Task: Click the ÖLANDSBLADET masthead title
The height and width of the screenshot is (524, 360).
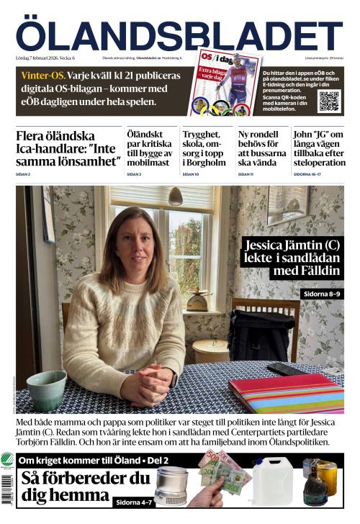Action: [179, 33]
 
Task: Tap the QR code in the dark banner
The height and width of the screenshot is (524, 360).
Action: [328, 101]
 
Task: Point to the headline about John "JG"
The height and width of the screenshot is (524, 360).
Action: [318, 148]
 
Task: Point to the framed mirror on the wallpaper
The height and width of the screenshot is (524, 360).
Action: [287, 204]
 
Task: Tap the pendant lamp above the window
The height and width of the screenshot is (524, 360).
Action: [175, 196]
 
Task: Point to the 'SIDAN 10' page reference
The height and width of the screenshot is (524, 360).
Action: [190, 174]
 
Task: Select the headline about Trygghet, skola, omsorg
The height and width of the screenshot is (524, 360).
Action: [207, 148]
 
